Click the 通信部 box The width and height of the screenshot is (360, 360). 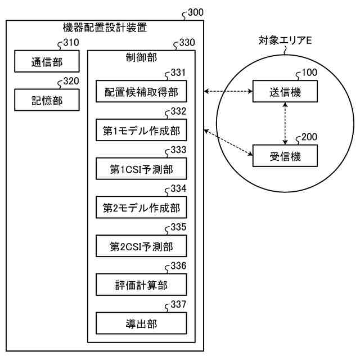point(47,62)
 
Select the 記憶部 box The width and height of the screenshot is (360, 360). point(47,101)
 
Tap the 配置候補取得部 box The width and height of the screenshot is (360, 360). point(141,92)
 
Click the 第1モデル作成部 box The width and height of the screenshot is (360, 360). point(141,131)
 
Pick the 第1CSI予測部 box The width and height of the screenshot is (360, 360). point(141,169)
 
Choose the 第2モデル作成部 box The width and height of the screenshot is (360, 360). point(141,208)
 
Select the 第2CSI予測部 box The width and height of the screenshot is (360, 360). point(141,246)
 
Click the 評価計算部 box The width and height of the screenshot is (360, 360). point(141,285)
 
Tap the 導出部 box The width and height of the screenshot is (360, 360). point(141,323)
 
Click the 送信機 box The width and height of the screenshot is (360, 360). point(285,92)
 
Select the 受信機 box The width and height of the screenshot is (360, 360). point(285,157)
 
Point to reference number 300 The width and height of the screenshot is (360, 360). point(195,11)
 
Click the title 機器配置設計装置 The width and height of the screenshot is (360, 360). point(105,27)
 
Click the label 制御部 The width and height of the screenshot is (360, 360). point(141,58)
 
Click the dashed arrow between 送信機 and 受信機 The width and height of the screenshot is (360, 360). point(286,124)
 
